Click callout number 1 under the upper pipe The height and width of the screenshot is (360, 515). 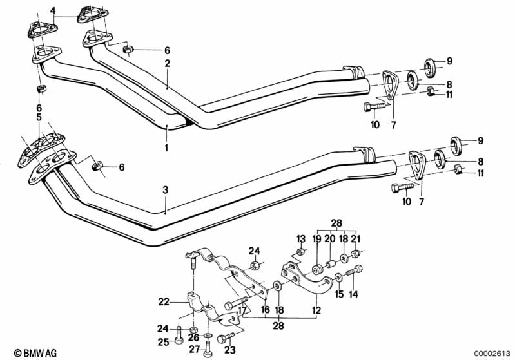[166, 147]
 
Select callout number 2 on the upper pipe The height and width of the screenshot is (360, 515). [167, 63]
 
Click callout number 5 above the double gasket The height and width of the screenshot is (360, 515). [39, 117]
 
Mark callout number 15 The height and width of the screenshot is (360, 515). [338, 296]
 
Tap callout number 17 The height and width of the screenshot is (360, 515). [243, 310]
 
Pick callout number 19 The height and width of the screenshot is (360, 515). [317, 238]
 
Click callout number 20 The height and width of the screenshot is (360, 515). [330, 238]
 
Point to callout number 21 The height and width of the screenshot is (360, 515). [356, 238]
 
